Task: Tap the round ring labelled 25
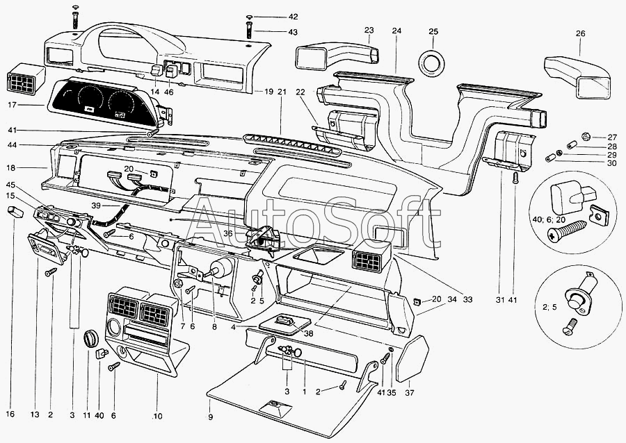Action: [433, 62]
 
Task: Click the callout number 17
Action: [12, 106]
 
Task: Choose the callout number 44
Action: [13, 145]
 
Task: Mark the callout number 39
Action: [96, 206]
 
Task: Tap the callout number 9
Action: [210, 417]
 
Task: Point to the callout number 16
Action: [10, 415]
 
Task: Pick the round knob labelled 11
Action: [89, 338]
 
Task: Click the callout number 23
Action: [369, 30]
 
